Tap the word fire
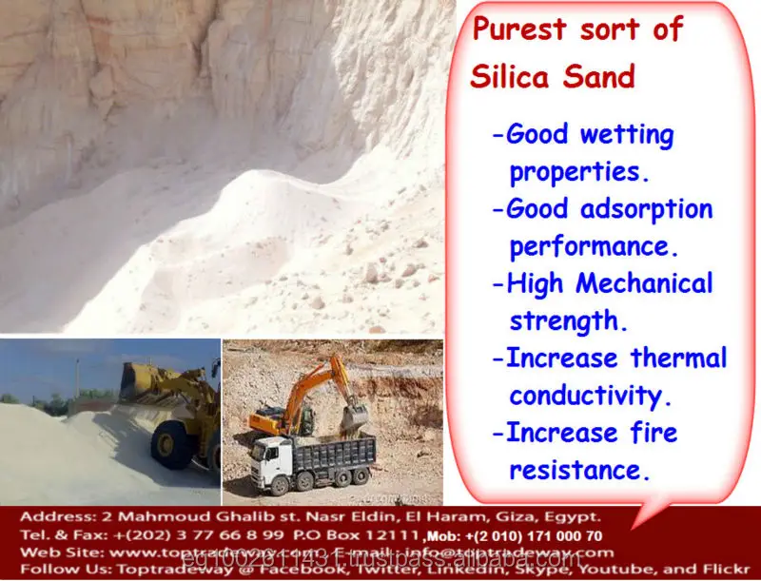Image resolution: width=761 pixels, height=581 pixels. coord(653,433)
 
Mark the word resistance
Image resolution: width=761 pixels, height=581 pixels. coord(579,470)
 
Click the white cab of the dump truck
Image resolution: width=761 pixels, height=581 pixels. coord(271,465)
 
